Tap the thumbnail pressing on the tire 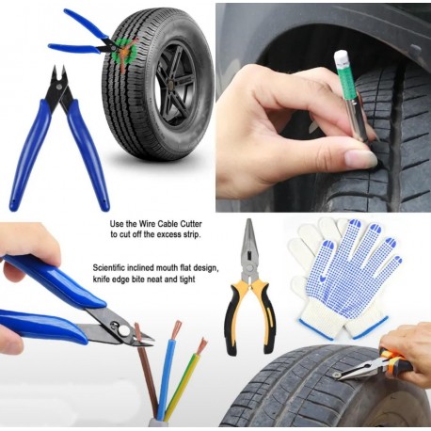coord(359,158)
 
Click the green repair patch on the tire coord(124,52)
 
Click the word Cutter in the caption coord(191,224)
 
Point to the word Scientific coord(108,268)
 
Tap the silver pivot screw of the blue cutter coord(123,329)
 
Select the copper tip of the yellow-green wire coord(202,345)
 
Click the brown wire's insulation coord(148,375)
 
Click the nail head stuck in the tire coord(337,375)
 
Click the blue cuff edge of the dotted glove coord(370,327)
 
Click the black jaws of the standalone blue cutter coord(59,84)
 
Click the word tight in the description coord(187,279)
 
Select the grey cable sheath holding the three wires coord(158,423)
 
